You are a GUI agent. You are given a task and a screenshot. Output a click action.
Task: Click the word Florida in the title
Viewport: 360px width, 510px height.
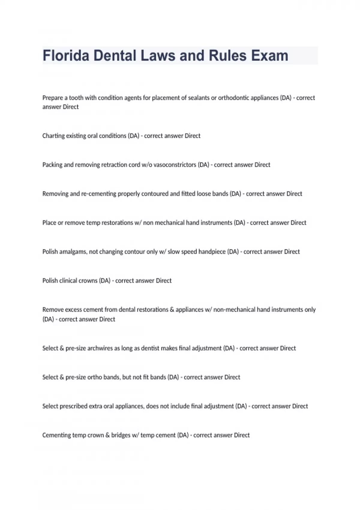click(x=66, y=56)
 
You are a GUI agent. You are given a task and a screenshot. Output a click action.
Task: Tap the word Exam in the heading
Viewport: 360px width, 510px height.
click(x=269, y=56)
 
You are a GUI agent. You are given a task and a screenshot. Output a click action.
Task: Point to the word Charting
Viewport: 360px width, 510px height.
click(x=53, y=136)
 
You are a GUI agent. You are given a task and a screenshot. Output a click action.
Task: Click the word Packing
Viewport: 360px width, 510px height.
click(x=52, y=165)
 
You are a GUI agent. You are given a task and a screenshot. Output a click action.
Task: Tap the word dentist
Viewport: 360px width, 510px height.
click(x=150, y=348)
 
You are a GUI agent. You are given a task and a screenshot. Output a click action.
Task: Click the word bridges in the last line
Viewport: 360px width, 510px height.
click(x=121, y=435)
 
